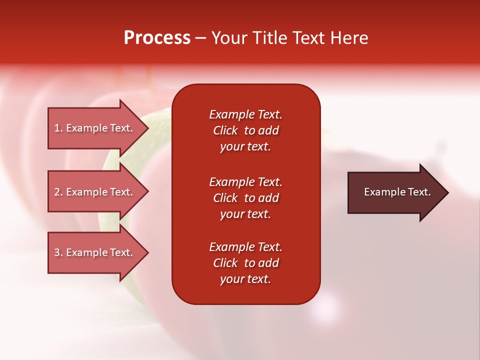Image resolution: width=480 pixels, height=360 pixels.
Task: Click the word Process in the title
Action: [157, 38]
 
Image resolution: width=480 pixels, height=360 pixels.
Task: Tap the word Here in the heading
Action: [349, 38]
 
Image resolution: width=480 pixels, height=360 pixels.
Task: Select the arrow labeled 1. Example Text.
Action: [95, 128]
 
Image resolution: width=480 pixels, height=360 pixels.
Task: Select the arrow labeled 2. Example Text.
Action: [95, 192]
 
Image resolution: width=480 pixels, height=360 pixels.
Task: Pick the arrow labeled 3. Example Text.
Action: [95, 252]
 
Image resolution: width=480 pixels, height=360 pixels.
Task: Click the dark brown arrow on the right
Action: [395, 192]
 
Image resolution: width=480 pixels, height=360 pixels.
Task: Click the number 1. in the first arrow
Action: [58, 128]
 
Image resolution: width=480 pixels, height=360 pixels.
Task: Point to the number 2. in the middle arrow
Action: [58, 192]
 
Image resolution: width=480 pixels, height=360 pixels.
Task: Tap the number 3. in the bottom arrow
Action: [58, 252]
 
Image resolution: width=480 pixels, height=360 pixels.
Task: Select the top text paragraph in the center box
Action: [245, 130]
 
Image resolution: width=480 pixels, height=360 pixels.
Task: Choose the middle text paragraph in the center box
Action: [245, 198]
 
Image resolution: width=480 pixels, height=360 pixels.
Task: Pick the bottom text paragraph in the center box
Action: [245, 263]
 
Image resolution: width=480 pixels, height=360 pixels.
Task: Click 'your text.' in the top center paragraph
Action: [245, 146]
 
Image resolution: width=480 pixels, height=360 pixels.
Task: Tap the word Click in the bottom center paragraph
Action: [225, 263]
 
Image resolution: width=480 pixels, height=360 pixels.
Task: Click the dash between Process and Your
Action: [200, 38]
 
